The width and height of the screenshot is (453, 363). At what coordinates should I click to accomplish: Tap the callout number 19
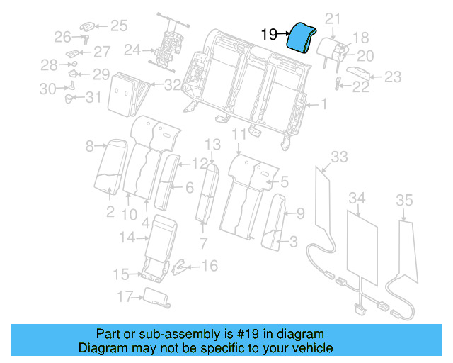[269, 33]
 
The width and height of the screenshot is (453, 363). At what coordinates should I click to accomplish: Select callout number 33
[340, 156]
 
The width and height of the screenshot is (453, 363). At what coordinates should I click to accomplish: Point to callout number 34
[357, 197]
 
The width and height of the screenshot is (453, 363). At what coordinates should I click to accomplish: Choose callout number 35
[404, 201]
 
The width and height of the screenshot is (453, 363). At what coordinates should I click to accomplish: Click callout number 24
[132, 50]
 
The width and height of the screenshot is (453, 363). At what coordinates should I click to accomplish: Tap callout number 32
[173, 85]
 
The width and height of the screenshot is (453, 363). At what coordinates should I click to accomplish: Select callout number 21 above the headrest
[333, 18]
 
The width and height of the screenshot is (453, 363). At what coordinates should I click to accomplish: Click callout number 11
[239, 133]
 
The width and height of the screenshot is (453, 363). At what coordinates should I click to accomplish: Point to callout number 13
[213, 145]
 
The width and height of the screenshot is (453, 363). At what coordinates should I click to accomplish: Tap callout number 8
[90, 147]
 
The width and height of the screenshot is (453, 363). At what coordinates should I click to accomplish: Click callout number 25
[119, 26]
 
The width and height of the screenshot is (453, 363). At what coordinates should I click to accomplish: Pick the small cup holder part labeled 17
[157, 298]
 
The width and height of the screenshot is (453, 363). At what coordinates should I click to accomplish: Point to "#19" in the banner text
[237, 334]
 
